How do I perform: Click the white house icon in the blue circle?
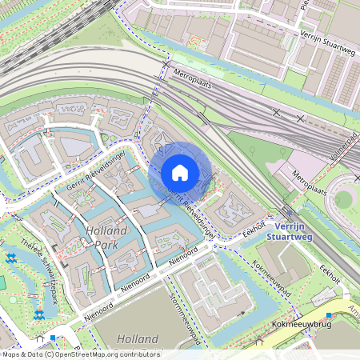(180, 172)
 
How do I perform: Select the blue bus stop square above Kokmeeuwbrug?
(328, 314)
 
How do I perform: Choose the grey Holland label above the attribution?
(138, 339)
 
